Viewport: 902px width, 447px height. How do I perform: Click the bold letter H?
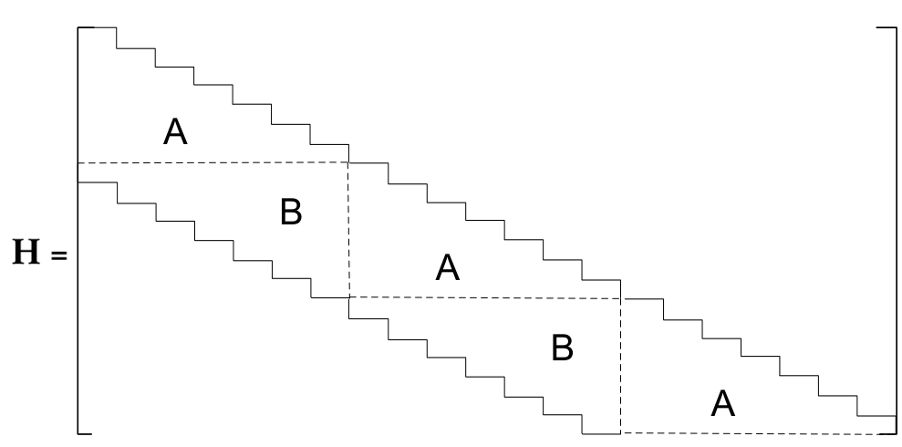click(x=26, y=253)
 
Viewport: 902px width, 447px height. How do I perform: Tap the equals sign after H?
click(x=58, y=255)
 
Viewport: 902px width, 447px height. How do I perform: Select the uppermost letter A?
click(x=175, y=131)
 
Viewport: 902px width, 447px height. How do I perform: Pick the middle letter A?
click(x=448, y=267)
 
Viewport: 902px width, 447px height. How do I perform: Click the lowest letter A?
click(x=723, y=403)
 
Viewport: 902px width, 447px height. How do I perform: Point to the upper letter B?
click(x=291, y=212)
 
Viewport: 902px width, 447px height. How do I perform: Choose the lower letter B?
click(x=563, y=348)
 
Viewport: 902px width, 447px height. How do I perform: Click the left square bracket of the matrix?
click(x=78, y=230)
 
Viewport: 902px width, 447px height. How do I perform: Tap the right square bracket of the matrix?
click(x=896, y=230)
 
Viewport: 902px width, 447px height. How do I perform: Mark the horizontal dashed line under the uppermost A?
click(x=213, y=162)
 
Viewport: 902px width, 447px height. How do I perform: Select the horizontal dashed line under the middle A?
click(x=485, y=298)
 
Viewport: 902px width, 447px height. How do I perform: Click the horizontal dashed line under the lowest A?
click(x=758, y=433)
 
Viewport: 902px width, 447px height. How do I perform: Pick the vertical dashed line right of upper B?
click(x=348, y=230)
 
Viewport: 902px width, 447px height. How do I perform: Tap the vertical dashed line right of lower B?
click(x=621, y=366)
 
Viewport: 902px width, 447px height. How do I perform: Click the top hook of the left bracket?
click(x=86, y=27)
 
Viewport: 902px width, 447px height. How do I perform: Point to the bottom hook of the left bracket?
click(x=85, y=433)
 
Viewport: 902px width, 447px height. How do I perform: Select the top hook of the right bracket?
click(x=886, y=27)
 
